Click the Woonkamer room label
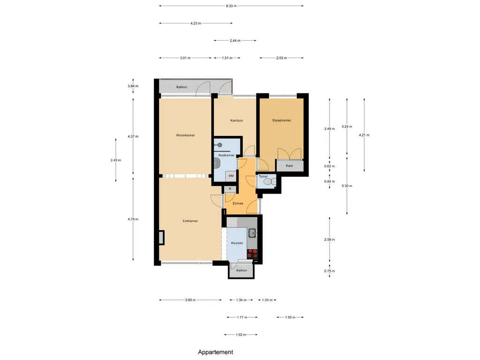point(185,135)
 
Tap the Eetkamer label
point(190,221)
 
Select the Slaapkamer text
point(282,120)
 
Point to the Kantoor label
point(237,120)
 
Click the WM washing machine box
point(231,176)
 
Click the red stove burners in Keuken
point(252,254)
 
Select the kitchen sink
point(253,233)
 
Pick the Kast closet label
point(289,165)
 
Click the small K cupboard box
point(230,189)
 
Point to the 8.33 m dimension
point(231,6)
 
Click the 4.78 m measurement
point(133,219)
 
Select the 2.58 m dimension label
point(330,240)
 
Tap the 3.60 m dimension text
point(190,300)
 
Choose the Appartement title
point(216,352)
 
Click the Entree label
point(238,203)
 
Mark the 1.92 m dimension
point(241,335)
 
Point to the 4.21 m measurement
point(364,135)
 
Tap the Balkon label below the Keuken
point(241,270)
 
